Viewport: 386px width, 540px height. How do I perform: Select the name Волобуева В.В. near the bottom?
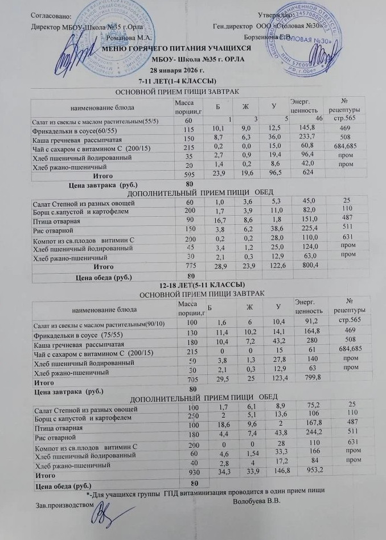click(x=258, y=501)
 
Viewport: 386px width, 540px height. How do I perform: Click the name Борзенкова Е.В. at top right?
click(x=268, y=36)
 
